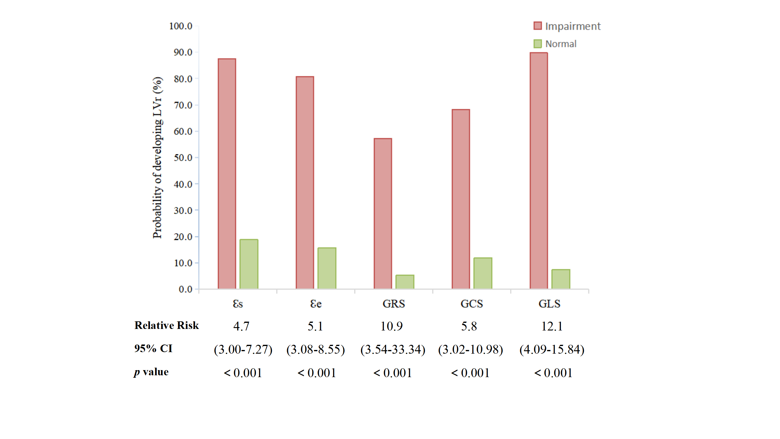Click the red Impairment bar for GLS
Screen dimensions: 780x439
[539, 171]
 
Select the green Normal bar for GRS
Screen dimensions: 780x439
[405, 282]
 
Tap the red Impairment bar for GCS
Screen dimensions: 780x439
[461, 199]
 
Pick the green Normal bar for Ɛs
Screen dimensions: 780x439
[249, 264]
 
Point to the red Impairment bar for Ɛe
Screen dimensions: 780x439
[305, 183]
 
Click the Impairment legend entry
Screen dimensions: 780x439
[567, 26]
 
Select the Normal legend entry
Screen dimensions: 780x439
[555, 44]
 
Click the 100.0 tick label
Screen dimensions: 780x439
[181, 26]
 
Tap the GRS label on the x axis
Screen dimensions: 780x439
[394, 304]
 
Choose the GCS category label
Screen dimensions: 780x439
[472, 304]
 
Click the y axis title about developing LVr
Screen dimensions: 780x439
[158, 158]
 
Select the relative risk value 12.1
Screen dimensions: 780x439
[552, 327]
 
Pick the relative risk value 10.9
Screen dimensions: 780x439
[392, 327]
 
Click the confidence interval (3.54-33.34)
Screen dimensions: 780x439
[393, 350]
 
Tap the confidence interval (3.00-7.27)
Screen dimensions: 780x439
[243, 350]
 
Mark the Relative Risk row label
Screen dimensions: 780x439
[167, 326]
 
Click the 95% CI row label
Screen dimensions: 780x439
[153, 348]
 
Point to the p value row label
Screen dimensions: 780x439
[151, 372]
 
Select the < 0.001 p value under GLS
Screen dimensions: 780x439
[553, 373]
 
